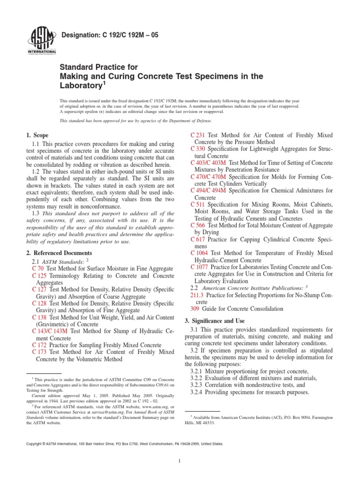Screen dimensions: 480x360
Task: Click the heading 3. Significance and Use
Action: click(215, 321)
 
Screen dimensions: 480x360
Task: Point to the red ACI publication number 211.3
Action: click(197, 296)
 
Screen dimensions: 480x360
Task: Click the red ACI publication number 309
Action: click(195, 309)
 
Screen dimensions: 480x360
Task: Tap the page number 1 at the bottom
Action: click(180, 461)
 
